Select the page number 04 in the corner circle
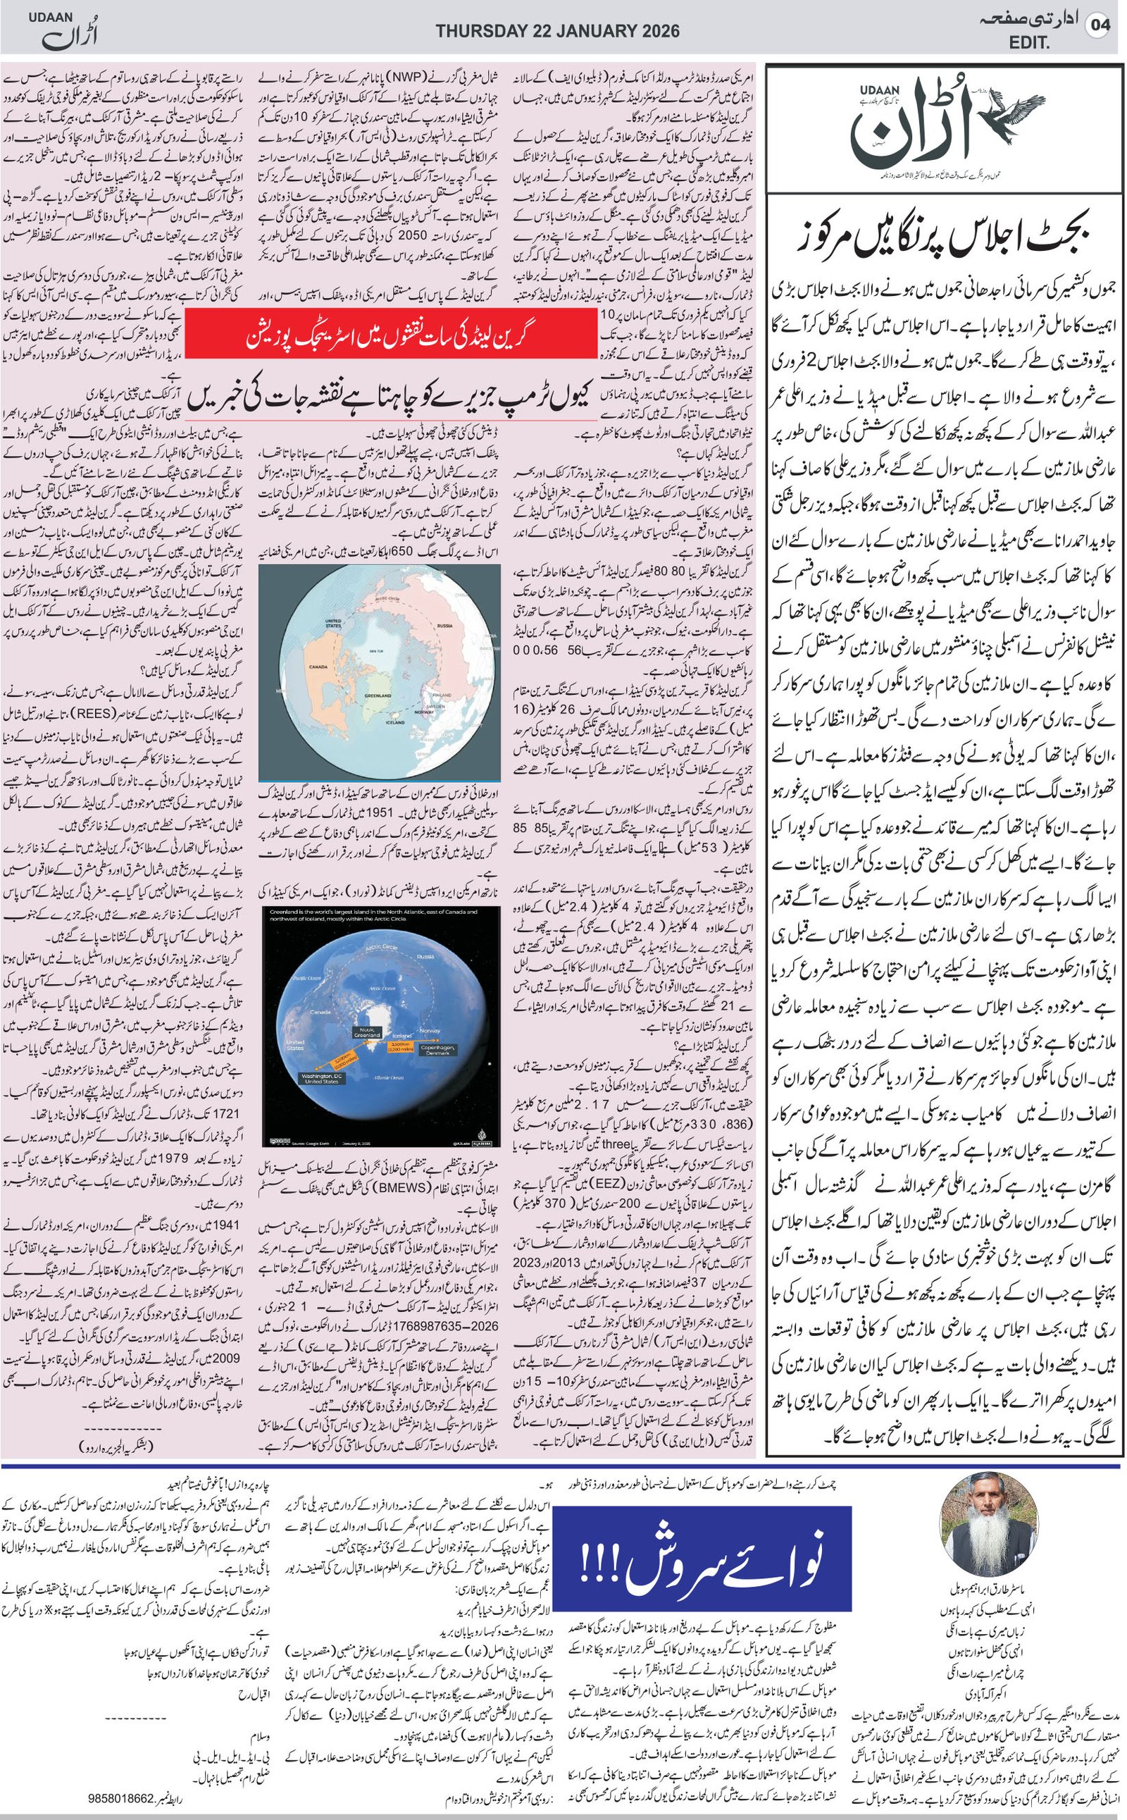coord(1100,25)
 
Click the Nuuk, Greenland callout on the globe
coord(367,1032)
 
